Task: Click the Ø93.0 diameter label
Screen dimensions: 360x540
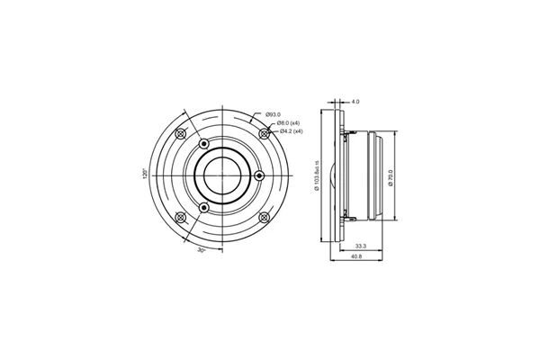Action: [274, 114]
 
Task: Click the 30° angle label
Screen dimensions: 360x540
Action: [202, 250]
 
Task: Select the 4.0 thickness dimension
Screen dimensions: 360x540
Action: [355, 102]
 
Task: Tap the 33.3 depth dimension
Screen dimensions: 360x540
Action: [359, 244]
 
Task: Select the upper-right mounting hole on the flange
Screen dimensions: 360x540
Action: [264, 133]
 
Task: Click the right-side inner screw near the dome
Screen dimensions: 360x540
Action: [259, 175]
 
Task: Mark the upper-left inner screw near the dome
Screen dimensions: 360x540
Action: [204, 143]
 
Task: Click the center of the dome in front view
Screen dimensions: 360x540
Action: [222, 175]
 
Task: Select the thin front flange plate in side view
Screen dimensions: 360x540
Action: [340, 175]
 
